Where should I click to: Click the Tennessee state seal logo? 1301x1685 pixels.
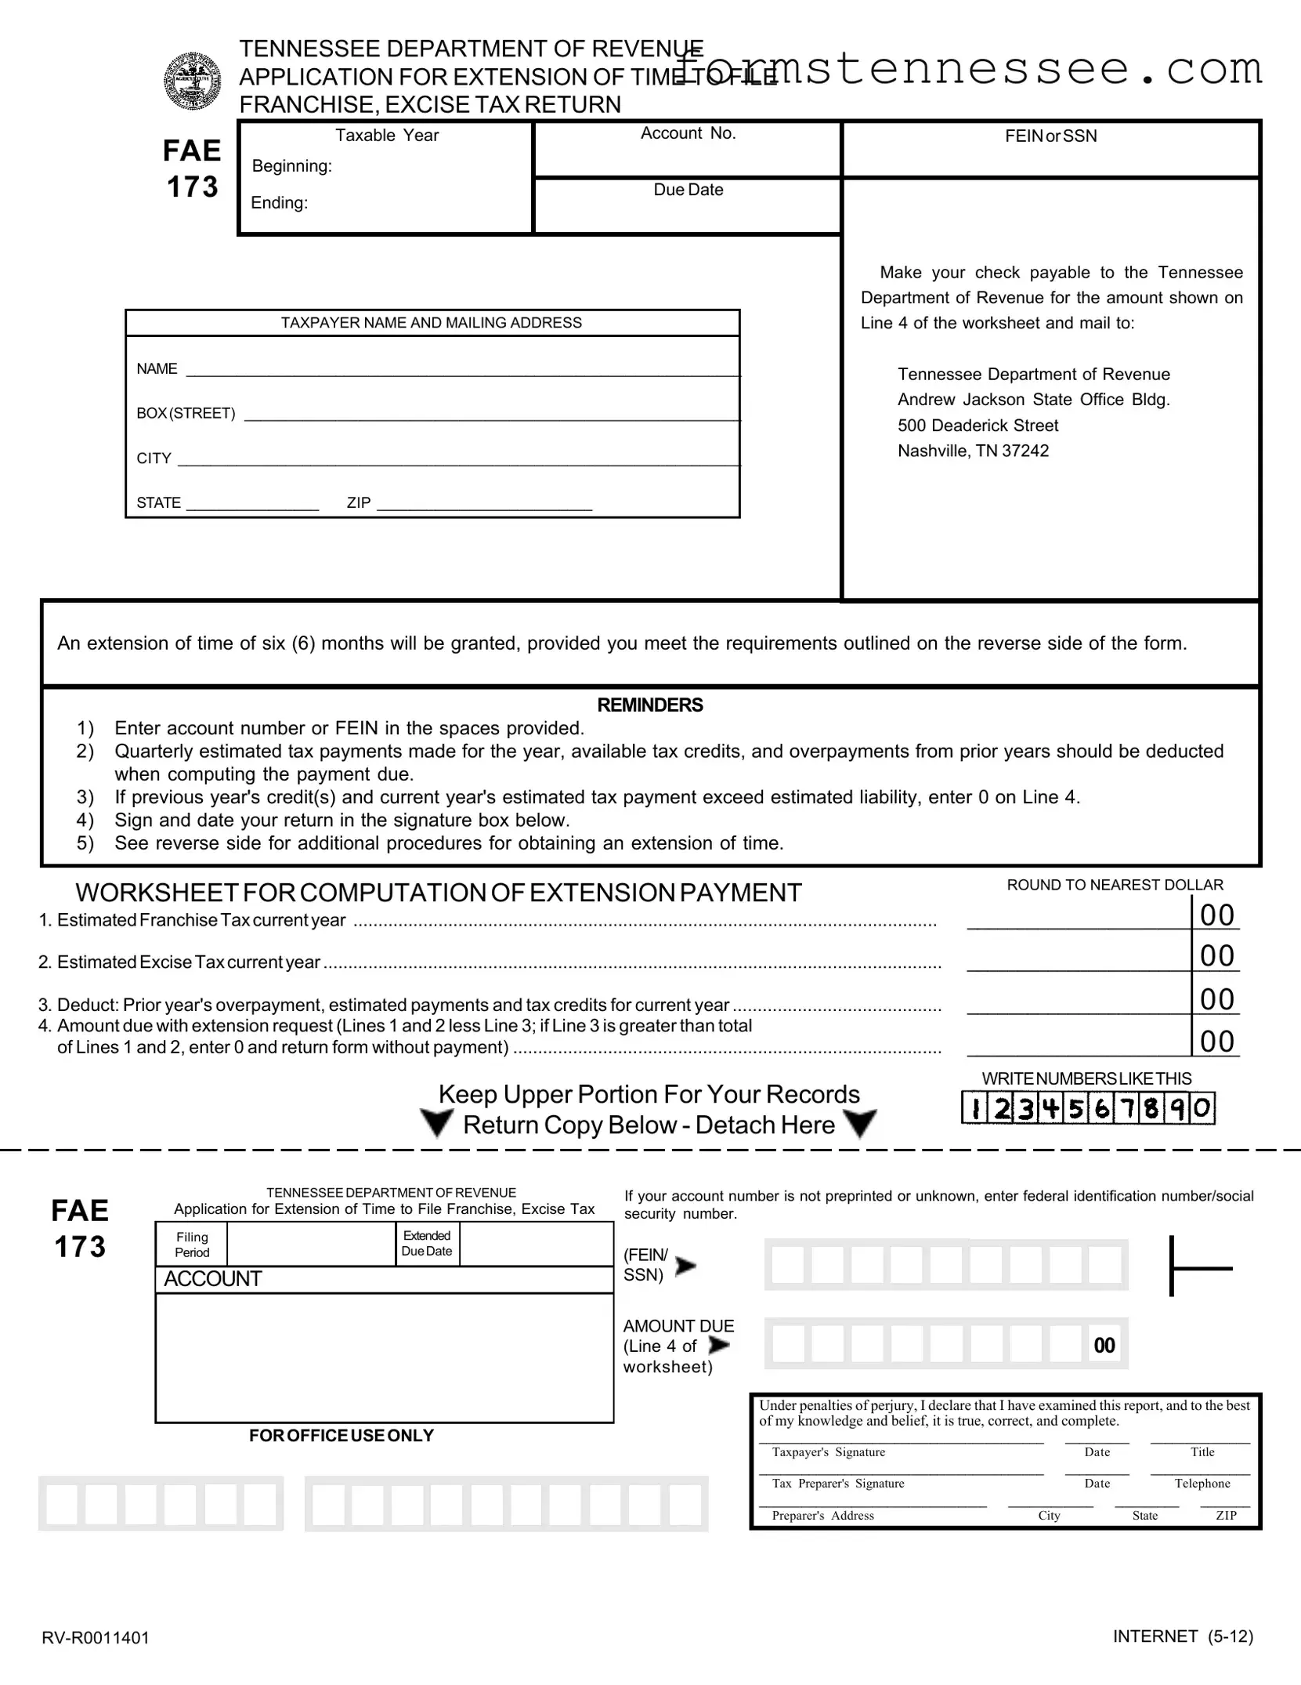(x=192, y=81)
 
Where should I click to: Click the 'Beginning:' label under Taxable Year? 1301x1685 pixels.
(x=291, y=166)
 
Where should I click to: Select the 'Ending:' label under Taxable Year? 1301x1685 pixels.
(x=279, y=203)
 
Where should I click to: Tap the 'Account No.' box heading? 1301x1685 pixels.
(x=688, y=133)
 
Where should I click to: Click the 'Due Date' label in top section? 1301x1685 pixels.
(x=688, y=190)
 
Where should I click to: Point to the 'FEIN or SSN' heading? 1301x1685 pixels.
(x=1050, y=136)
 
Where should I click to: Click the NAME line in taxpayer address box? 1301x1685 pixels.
(x=462, y=369)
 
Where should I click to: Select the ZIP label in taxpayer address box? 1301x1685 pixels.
(x=359, y=503)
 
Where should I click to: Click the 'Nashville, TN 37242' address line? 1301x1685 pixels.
(x=973, y=451)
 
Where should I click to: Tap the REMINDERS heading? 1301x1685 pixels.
(x=649, y=705)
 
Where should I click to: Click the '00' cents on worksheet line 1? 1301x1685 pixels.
(x=1216, y=915)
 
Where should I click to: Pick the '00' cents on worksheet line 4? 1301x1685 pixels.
(x=1216, y=1042)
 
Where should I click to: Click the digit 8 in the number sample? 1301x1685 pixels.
(x=1151, y=1109)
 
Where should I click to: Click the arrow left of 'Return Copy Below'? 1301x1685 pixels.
(x=436, y=1124)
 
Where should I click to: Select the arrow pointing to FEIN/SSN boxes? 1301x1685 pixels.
(x=685, y=1266)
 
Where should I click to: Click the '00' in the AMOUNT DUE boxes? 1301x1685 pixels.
(x=1104, y=1346)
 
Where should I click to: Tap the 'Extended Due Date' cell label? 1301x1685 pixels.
(x=427, y=1244)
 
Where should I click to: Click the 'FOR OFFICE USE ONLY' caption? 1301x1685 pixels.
(x=341, y=1436)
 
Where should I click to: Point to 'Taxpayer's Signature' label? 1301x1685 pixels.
(x=828, y=1452)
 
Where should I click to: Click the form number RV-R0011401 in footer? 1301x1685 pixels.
(x=96, y=1637)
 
